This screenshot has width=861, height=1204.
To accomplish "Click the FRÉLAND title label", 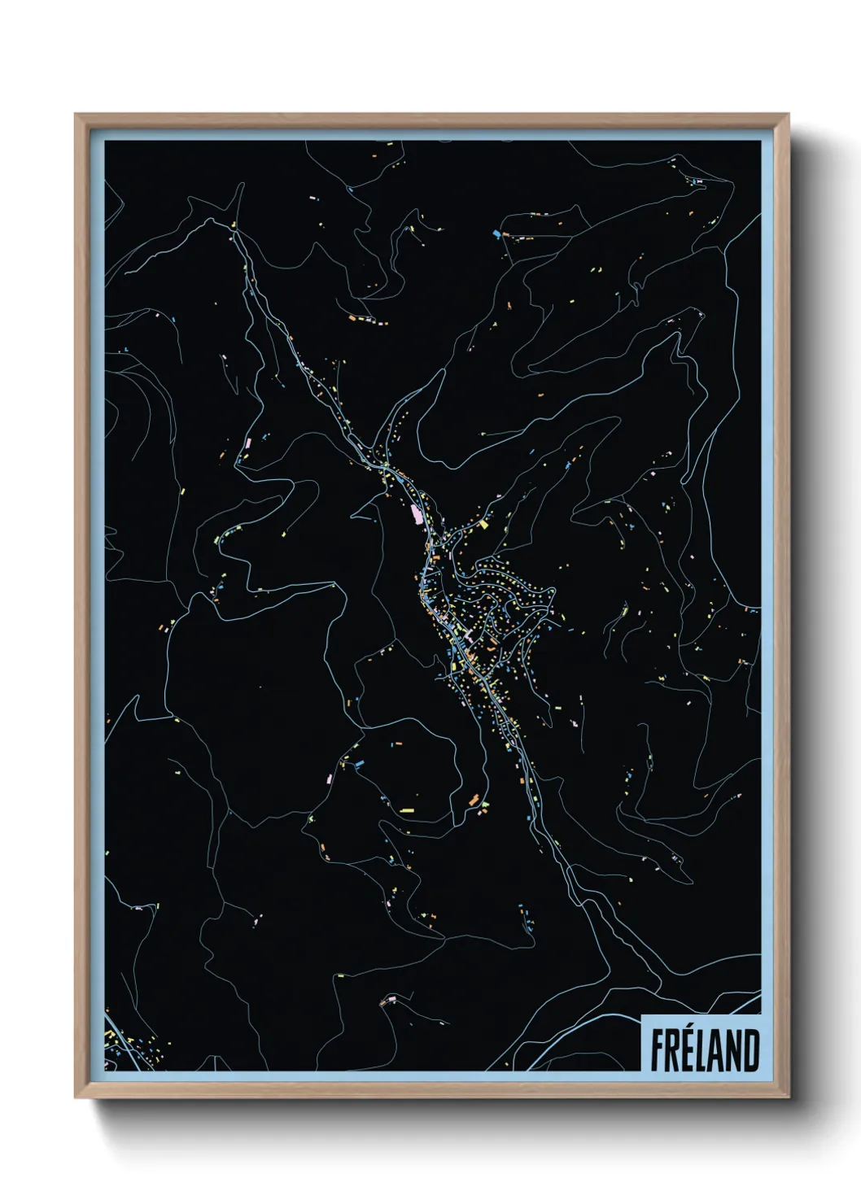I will [703, 1049].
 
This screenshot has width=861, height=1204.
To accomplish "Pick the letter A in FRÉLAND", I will [717, 1051].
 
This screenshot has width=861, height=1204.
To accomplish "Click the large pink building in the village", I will [419, 514].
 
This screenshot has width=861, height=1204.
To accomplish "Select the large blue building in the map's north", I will [496, 234].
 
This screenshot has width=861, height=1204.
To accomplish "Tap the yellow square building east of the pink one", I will [483, 525].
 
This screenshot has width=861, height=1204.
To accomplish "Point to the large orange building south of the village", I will [471, 800].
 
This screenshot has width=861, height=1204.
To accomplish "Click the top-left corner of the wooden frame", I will [76, 116].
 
